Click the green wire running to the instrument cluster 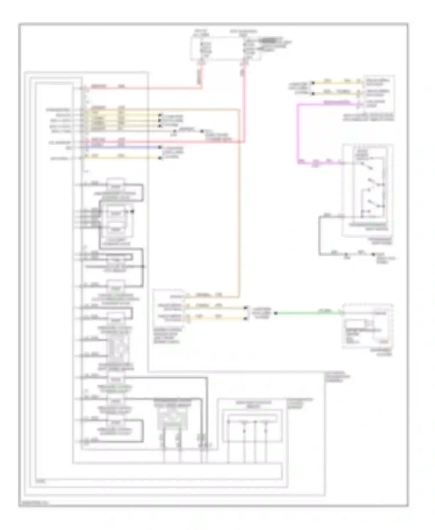click(x=307, y=313)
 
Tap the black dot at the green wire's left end click(x=276, y=313)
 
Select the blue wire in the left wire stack click(x=122, y=147)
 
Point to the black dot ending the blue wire click(x=160, y=147)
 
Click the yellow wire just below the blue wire click(x=122, y=158)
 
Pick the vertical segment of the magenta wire click(x=298, y=133)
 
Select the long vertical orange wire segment click(x=240, y=203)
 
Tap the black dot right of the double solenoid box click(x=133, y=211)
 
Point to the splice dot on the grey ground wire click(x=346, y=255)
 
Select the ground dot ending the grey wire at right click(x=374, y=255)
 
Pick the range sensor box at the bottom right click(x=252, y=426)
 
